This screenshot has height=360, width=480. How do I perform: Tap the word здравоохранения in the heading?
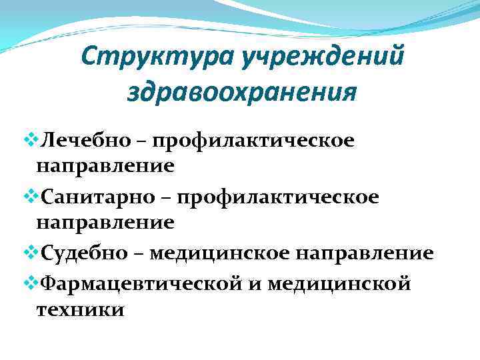pyautogui.click(x=241, y=92)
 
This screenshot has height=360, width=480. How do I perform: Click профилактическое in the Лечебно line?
pyautogui.click(x=253, y=141)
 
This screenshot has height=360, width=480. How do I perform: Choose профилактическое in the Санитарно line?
pyautogui.click(x=279, y=197)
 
